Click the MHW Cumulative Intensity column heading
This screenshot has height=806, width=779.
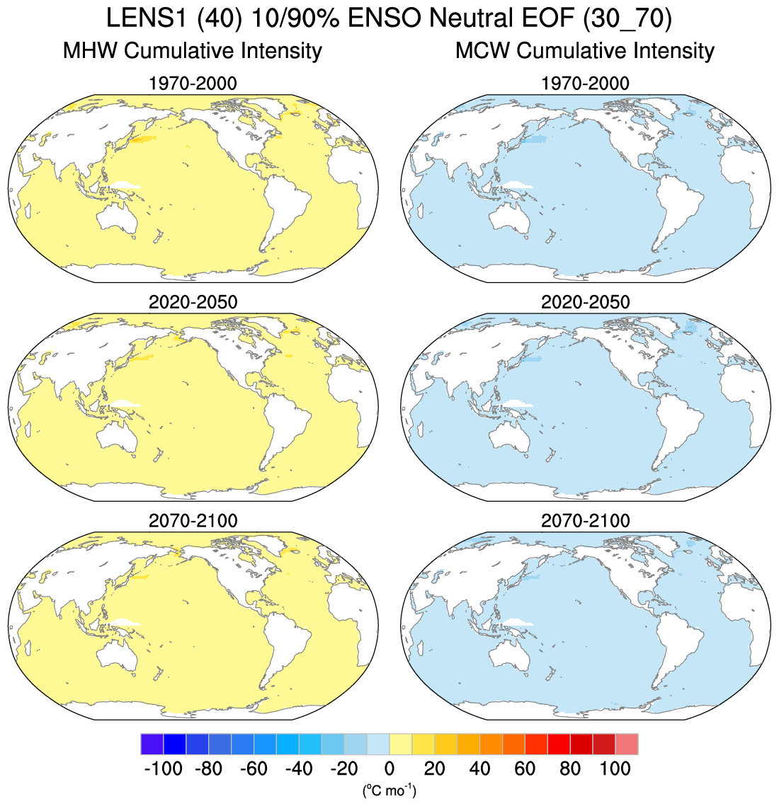click(193, 51)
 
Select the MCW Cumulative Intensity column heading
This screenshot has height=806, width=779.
click(585, 51)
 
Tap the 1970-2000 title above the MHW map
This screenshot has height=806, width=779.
click(193, 84)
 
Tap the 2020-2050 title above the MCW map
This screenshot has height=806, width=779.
click(585, 302)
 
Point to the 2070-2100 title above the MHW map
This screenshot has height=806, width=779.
click(193, 521)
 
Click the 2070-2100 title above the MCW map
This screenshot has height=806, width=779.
click(585, 521)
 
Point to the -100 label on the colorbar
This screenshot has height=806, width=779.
click(163, 768)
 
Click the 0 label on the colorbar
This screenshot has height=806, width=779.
click(389, 768)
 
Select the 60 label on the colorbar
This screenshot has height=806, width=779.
click(525, 768)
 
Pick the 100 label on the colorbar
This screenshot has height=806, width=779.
click(615, 768)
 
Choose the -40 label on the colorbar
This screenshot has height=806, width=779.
click(298, 768)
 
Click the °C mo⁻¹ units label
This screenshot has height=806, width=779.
click(389, 790)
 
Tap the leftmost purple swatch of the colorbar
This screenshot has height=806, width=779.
click(152, 744)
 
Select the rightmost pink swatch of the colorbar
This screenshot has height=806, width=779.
click(627, 744)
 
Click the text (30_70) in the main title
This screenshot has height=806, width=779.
click(626, 19)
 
